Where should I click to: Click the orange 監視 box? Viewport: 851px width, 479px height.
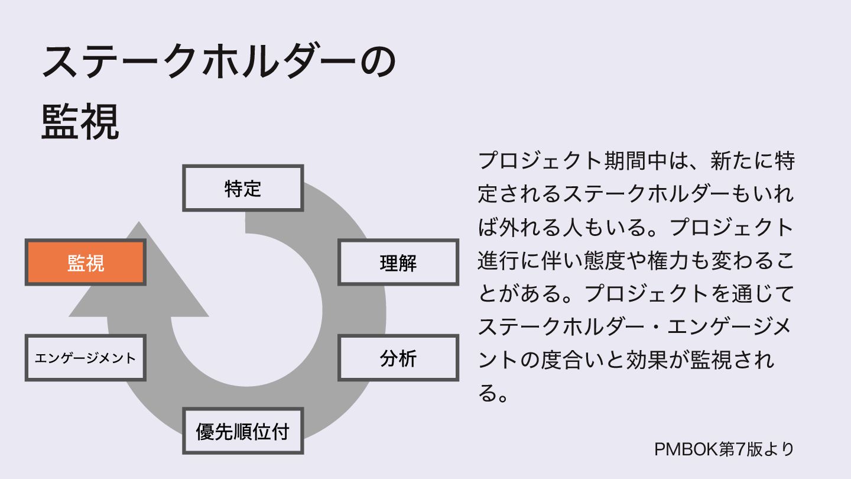click(85, 263)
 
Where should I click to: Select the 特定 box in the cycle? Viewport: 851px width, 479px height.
click(243, 188)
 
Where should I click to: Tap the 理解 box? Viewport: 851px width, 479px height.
click(398, 263)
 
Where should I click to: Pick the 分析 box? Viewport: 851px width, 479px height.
click(398, 358)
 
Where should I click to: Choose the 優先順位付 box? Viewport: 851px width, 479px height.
click(243, 431)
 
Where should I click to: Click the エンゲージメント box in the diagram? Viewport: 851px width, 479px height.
click(85, 358)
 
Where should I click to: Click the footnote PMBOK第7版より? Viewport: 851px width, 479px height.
click(724, 448)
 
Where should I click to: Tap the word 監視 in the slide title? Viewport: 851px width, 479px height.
click(80, 122)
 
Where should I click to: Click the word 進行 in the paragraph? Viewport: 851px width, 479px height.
click(498, 261)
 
